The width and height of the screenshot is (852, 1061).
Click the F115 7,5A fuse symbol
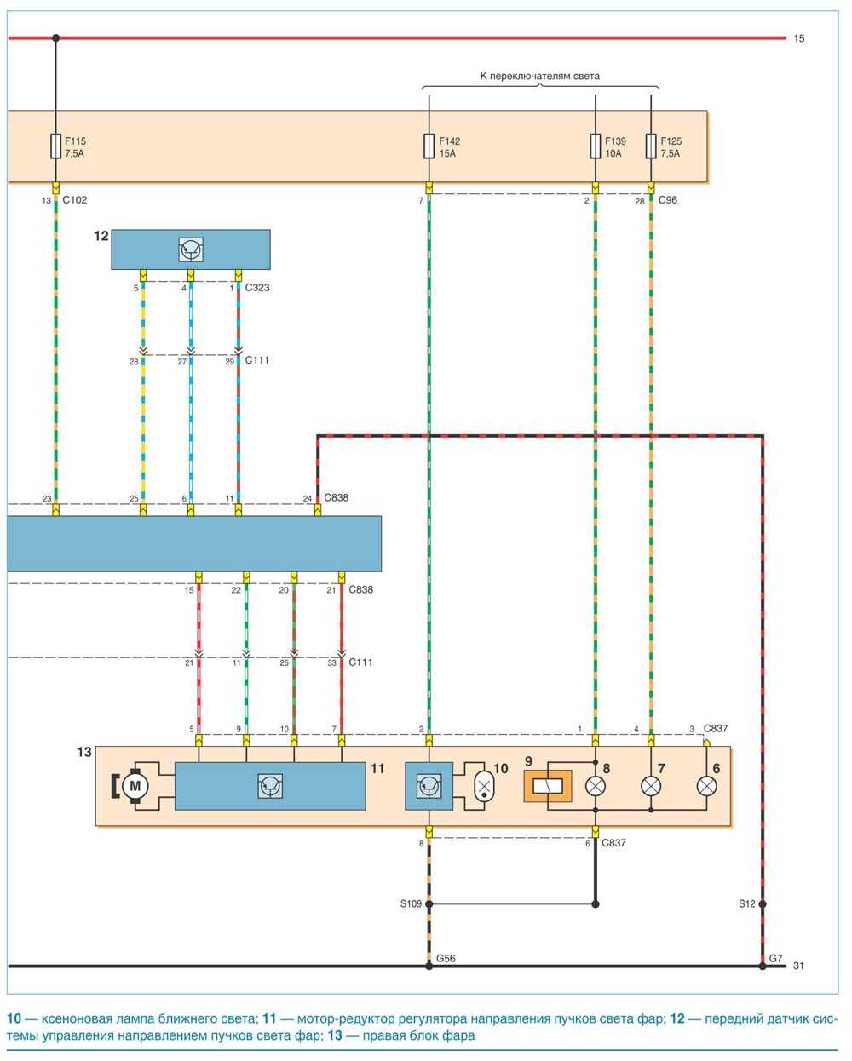pos(56,146)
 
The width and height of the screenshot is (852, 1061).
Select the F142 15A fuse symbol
pos(429,146)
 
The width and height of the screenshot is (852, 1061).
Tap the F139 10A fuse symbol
pos(595,146)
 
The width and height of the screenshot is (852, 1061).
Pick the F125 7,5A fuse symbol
pos(652,146)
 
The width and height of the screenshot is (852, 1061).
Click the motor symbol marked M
pos(135,786)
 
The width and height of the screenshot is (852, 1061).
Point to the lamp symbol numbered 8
pos(595,786)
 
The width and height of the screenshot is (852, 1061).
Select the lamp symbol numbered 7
pos(652,786)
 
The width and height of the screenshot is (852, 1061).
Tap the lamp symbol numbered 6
pos(706,786)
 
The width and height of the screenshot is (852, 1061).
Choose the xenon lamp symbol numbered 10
pos(484,786)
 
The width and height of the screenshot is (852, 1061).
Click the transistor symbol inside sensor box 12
pos(190,249)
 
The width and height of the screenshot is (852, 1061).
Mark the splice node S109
pos(429,903)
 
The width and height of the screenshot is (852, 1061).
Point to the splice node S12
pos(763,903)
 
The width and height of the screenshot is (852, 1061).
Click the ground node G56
pos(429,966)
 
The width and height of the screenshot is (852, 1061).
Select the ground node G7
pos(763,966)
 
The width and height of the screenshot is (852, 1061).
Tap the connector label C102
pos(75,201)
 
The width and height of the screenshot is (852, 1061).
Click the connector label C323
pos(257,288)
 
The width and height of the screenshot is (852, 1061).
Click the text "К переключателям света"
pos(539,76)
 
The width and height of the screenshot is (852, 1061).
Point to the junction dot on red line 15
pos(56,38)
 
